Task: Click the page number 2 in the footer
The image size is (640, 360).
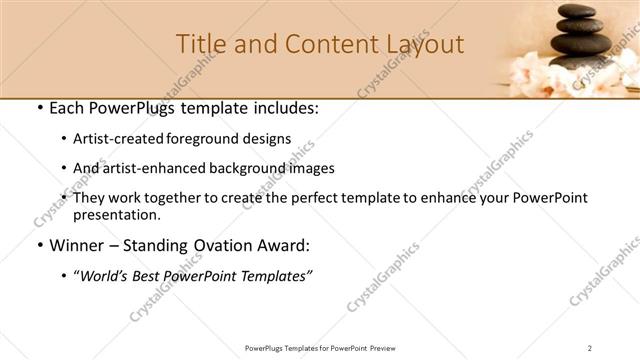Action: click(x=590, y=348)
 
